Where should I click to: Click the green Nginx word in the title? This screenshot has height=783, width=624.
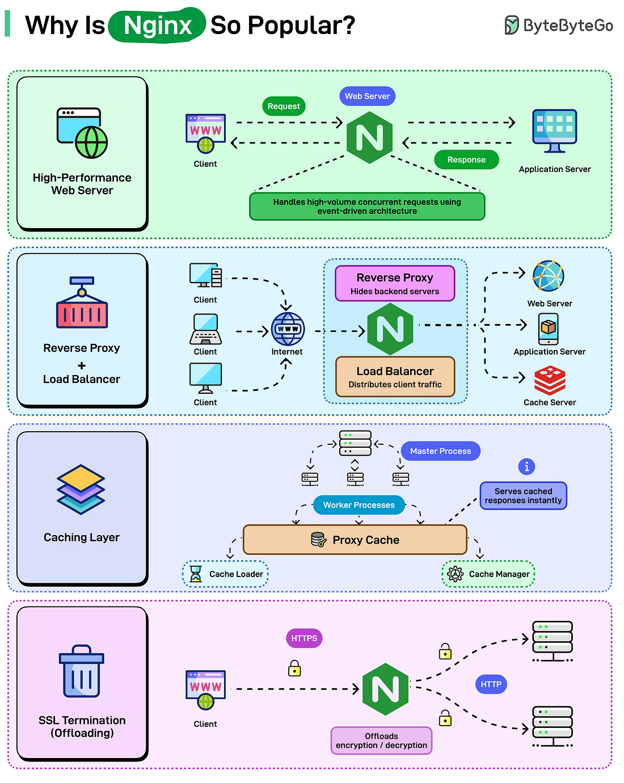[157, 26]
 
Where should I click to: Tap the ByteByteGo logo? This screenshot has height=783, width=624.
[559, 26]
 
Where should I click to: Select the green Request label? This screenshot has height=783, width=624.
[284, 106]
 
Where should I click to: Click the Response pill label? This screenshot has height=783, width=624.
[466, 159]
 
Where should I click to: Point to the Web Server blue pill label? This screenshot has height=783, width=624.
[367, 96]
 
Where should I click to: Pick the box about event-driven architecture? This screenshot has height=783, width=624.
[367, 207]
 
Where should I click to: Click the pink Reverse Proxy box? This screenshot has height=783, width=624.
[395, 283]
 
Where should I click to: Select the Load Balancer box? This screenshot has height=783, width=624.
[395, 377]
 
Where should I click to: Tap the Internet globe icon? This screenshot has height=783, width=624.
[288, 329]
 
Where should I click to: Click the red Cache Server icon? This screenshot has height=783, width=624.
[550, 380]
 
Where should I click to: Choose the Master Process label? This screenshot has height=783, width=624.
[440, 451]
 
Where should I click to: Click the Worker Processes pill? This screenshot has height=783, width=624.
[359, 505]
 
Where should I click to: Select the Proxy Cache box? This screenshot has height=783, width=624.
[355, 540]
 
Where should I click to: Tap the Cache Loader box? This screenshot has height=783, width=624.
[225, 574]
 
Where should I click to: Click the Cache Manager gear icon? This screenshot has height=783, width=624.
[455, 574]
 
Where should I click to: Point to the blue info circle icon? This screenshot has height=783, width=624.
[526, 466]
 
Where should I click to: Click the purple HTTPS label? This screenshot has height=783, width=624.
[304, 638]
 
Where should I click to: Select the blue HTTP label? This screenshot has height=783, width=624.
[491, 684]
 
